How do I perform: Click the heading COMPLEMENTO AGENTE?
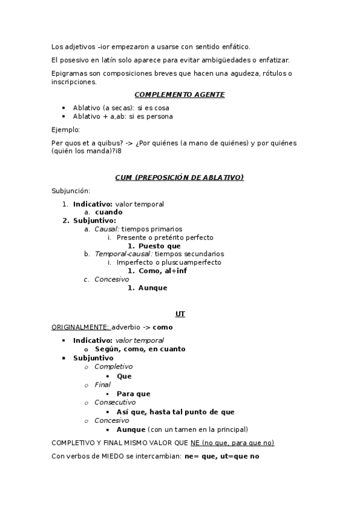pos(180,94)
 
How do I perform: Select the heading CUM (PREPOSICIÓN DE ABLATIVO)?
pos(180,177)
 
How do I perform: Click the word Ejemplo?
pos(66,129)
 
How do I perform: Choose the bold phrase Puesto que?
pos(159,245)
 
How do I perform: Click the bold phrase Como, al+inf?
pos(162,271)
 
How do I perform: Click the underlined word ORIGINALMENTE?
pos(80,327)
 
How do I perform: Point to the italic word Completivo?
pos(114,366)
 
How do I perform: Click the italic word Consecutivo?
pos(115,402)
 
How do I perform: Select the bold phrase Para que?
pos(133,394)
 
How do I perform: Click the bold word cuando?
pos(109,212)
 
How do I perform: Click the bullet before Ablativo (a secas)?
pos(64,108)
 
